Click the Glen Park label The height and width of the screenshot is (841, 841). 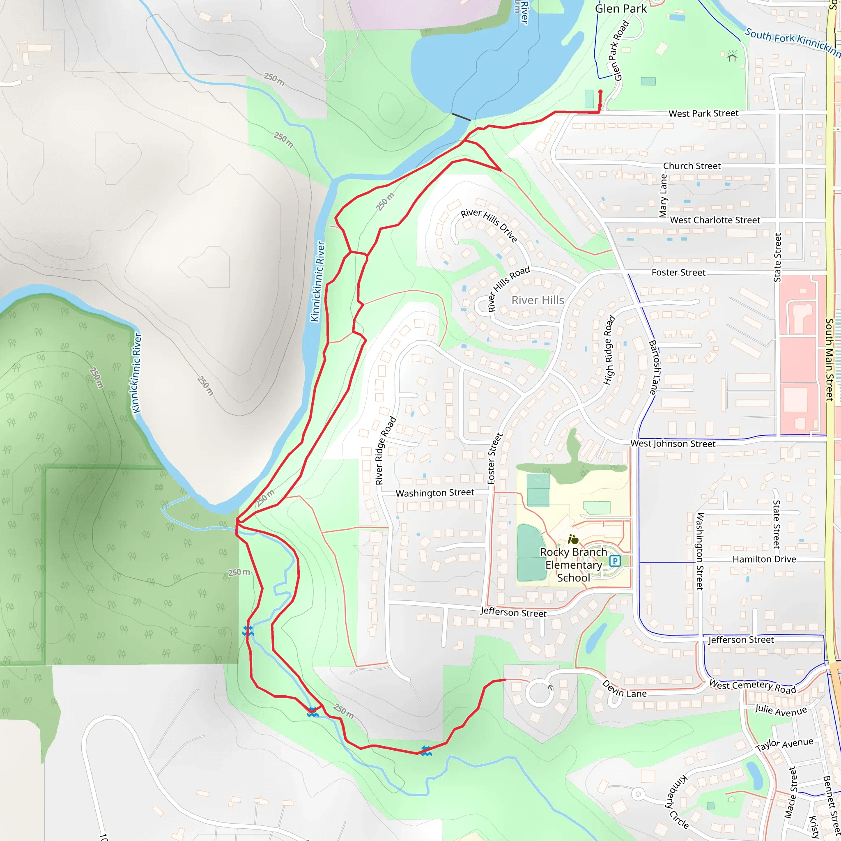coord(621,9)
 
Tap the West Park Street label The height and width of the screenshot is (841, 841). coord(703,114)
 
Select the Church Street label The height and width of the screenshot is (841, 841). coord(692,166)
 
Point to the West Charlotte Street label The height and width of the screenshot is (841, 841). coord(715,220)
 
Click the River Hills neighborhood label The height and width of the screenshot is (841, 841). coord(538,300)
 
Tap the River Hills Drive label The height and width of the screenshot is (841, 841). coord(489,225)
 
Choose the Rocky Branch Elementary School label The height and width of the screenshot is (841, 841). coord(573,565)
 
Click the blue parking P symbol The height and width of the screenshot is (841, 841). coord(615,561)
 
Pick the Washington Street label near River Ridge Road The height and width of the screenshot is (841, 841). coord(434,493)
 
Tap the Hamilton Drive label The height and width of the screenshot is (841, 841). coord(764,559)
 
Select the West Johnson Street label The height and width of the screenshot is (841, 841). coord(673,443)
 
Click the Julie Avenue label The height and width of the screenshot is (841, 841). coord(781,710)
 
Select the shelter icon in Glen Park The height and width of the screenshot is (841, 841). coord(732,56)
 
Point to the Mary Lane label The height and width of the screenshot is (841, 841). coord(663,196)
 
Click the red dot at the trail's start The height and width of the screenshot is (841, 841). coord(600,92)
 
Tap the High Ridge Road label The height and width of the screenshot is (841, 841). coord(609,350)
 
